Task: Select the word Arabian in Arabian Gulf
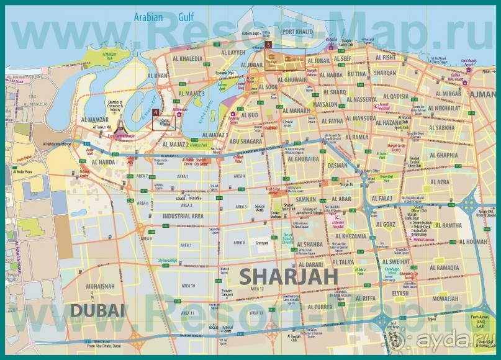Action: coord(147,17)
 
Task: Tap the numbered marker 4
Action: coord(155,112)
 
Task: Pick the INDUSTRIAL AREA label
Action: coord(183,215)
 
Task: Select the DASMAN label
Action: coord(338,166)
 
